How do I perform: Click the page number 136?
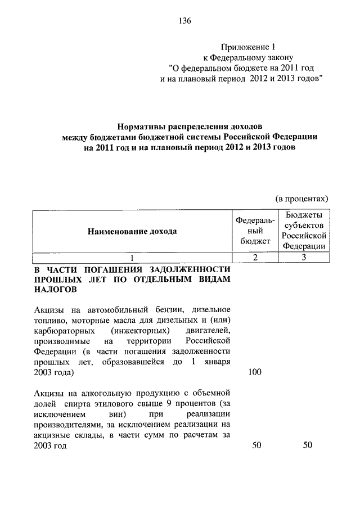(x=185, y=21)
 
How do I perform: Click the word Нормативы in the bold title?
(x=145, y=127)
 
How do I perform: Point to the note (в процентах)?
(x=301, y=199)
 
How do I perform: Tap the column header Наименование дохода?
(x=132, y=231)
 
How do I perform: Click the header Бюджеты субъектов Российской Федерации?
(x=304, y=231)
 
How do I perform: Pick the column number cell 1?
(x=132, y=258)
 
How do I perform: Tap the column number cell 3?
(x=304, y=258)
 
